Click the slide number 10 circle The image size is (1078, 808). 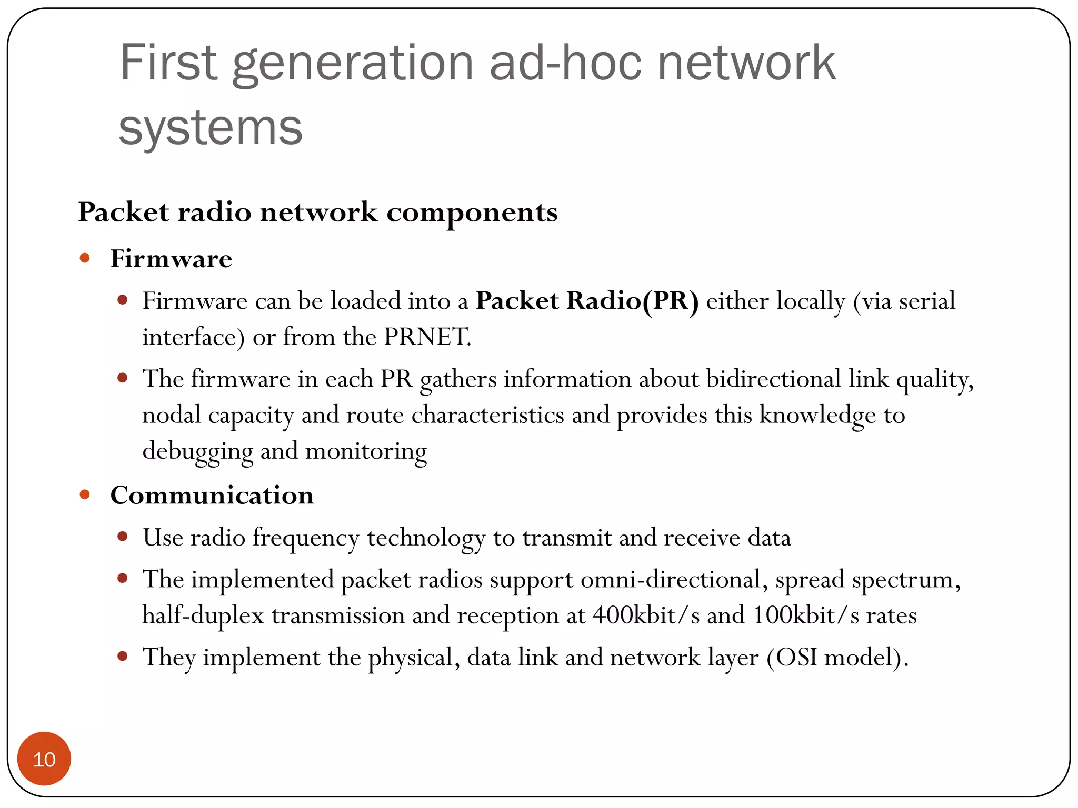[44, 759]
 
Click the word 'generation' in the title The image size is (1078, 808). [353, 64]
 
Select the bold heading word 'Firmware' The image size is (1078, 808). [171, 259]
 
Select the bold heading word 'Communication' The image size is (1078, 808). [212, 496]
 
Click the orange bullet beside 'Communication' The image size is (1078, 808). [85, 494]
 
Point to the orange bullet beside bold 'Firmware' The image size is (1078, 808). [85, 258]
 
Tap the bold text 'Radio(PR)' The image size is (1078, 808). [632, 301]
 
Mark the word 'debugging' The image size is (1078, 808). [197, 451]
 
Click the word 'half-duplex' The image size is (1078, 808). [203, 615]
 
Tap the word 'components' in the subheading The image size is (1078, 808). [472, 213]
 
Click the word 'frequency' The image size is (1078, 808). [306, 538]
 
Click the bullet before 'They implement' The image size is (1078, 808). [123, 656]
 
